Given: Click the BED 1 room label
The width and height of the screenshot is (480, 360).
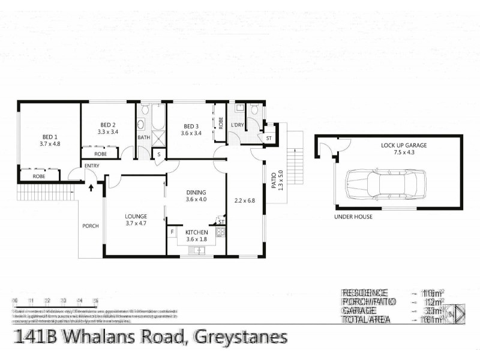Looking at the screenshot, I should [x=50, y=136].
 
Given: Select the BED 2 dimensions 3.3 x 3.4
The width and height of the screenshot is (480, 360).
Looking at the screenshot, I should [x=107, y=131].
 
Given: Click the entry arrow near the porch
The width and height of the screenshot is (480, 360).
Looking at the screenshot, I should [x=91, y=187].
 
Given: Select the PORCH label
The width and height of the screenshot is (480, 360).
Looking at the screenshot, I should [x=91, y=226].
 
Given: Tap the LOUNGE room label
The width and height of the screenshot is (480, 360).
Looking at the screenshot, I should [x=136, y=216].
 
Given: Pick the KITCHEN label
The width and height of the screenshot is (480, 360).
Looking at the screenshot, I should [x=196, y=232].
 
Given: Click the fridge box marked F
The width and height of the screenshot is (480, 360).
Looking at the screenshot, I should [x=172, y=231].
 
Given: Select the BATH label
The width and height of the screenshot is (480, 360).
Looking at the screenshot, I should [x=144, y=137].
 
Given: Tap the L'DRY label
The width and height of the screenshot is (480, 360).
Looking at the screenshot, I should [x=236, y=125].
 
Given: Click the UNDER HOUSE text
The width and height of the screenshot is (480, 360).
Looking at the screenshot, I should [x=354, y=217].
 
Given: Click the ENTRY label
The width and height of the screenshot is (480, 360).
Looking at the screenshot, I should [x=92, y=166].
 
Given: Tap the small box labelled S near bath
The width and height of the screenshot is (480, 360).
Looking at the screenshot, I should [x=159, y=154].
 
